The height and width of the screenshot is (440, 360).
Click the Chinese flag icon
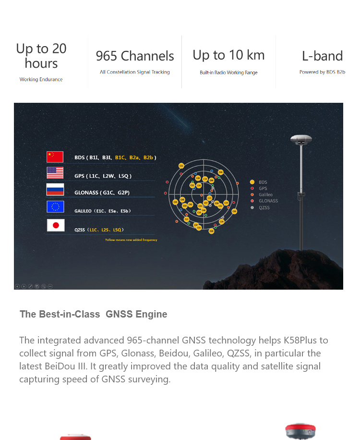(x=55, y=157)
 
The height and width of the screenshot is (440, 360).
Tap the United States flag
(x=55, y=173)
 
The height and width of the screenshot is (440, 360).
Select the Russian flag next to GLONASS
(x=55, y=190)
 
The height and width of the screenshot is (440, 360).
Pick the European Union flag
(x=55, y=207)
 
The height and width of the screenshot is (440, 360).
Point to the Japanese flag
(x=56, y=225)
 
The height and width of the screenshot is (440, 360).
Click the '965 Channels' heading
(x=135, y=56)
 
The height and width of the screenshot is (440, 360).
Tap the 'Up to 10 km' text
(x=228, y=55)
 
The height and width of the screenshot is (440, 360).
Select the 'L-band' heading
(x=322, y=56)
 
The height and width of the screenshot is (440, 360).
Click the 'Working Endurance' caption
(x=41, y=80)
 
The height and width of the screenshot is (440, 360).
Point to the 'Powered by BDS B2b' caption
(x=322, y=73)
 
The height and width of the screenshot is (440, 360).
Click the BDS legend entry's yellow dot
(x=252, y=183)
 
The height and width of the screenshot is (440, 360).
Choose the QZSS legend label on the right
(x=264, y=208)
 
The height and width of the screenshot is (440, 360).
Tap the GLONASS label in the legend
(x=268, y=201)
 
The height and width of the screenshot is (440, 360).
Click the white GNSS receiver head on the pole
(x=301, y=140)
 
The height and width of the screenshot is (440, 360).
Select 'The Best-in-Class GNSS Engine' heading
(x=94, y=315)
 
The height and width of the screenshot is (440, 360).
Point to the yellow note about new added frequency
(x=131, y=240)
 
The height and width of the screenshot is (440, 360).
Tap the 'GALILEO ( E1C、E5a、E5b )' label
(x=102, y=211)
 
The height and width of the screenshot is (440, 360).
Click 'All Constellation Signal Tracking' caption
(x=135, y=73)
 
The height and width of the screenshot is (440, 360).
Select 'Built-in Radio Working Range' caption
(x=228, y=73)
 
